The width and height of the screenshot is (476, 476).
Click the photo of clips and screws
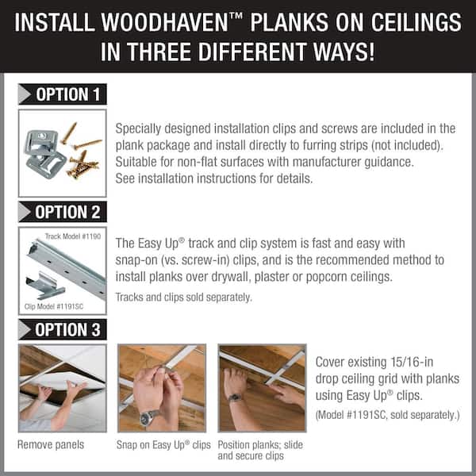pyautogui.click(x=62, y=152)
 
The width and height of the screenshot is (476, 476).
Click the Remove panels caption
pyautogui.click(x=50, y=444)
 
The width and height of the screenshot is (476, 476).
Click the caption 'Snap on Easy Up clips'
pyautogui.click(x=163, y=444)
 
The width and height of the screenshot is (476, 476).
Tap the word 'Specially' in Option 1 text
pyautogui.click(x=141, y=128)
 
